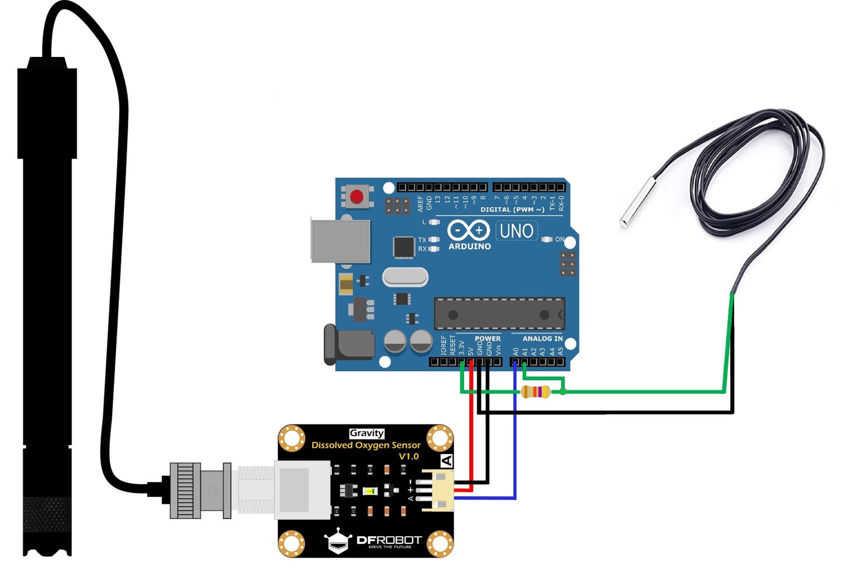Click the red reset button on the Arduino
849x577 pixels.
coord(357,197)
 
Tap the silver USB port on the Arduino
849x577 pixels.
coord(340,241)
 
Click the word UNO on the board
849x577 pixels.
coord(516,231)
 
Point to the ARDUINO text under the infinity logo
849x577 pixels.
coord(469,246)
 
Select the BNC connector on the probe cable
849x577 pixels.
coord(200,490)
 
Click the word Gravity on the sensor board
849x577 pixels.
coord(367,433)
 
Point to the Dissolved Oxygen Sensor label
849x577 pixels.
coord(366,445)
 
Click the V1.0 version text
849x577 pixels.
coord(408,456)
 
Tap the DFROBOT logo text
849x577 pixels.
coord(389,540)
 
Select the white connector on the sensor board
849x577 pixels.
coord(438,490)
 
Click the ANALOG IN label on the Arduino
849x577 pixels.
coord(542,339)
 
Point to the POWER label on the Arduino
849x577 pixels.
coord(487,339)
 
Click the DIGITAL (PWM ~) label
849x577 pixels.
coord(512,210)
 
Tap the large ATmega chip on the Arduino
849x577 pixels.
coord(499,314)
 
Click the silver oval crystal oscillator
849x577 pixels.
coord(405,277)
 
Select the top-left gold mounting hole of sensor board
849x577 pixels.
coord(292,438)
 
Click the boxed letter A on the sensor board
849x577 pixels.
coord(447,461)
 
